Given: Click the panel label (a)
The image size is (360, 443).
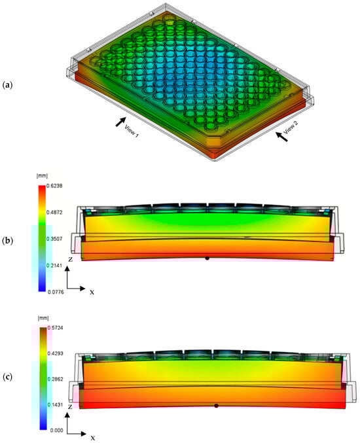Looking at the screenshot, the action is pos(7,85).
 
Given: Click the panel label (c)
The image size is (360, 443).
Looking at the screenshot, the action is pos(7,377).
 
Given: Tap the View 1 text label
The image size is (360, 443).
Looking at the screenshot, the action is pos(132,131).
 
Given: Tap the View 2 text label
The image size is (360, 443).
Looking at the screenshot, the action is pos(291,128).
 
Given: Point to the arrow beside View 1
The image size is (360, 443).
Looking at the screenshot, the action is pos(120,122).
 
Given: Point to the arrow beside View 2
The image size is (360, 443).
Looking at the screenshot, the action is pos(281,137).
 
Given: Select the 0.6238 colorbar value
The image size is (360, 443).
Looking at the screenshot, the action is pos(54,186).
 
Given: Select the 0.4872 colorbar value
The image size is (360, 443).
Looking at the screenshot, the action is pos(54,213).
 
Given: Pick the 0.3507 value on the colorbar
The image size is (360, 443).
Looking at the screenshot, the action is pos(54,239).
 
